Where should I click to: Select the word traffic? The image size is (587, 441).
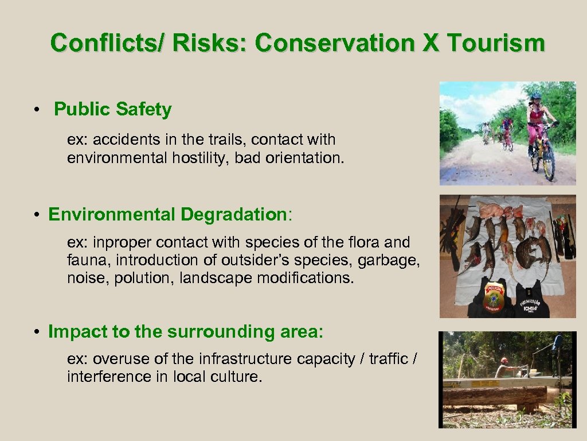(389, 359)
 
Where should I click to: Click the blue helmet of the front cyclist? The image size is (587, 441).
(536, 96)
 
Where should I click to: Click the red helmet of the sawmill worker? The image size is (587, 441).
(504, 360)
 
